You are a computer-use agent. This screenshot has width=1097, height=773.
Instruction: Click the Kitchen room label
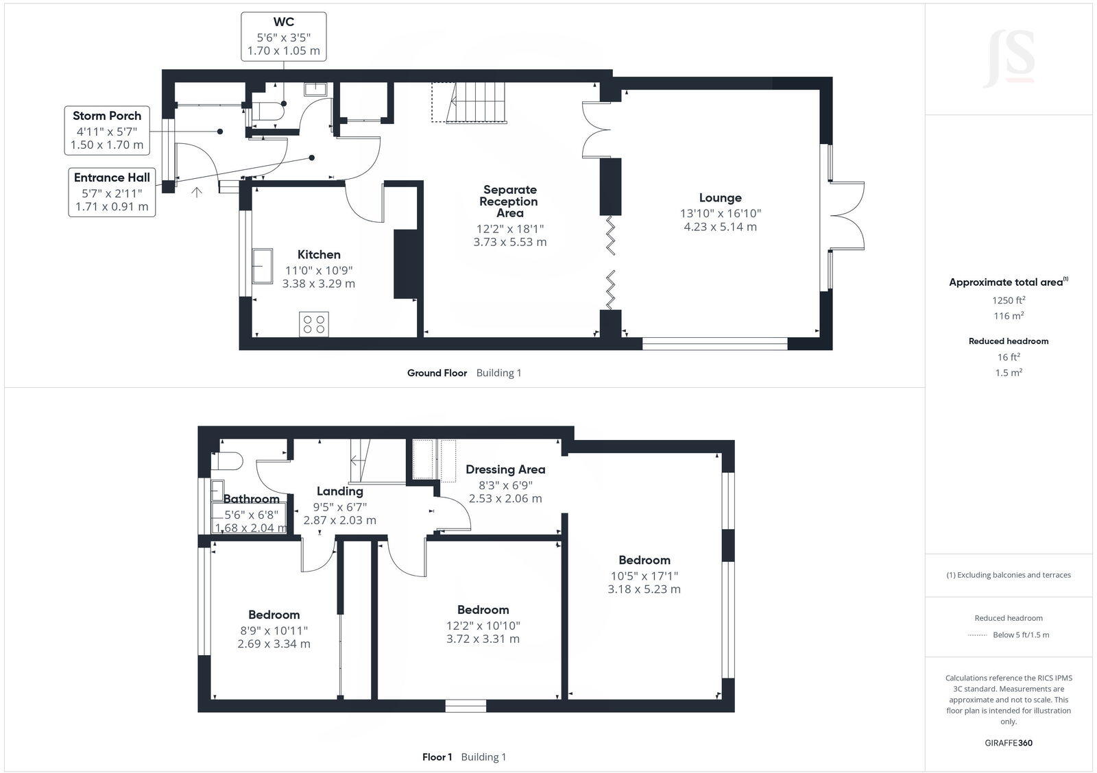click(x=319, y=254)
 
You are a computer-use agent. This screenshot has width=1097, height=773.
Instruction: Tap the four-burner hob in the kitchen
click(x=314, y=324)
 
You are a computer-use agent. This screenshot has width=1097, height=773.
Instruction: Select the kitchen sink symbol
click(x=263, y=266)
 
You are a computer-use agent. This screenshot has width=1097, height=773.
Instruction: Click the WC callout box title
click(x=284, y=22)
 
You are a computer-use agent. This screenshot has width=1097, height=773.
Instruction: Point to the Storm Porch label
click(x=107, y=116)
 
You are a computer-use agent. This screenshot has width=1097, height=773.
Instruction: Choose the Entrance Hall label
click(x=112, y=177)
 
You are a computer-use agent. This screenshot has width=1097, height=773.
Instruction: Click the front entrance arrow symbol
click(x=196, y=193)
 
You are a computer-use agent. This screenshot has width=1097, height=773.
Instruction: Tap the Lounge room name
click(x=720, y=198)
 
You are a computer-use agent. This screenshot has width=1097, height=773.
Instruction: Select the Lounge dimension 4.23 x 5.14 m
click(x=720, y=227)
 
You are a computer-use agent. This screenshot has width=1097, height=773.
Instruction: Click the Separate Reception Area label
click(x=510, y=201)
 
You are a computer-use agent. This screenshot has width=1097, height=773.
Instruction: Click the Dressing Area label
click(x=505, y=469)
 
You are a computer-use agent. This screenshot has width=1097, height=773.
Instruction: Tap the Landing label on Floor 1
click(x=340, y=491)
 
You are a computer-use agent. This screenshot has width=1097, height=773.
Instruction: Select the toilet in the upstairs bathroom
click(x=227, y=461)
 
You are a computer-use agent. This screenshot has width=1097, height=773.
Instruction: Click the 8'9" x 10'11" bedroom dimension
click(x=274, y=630)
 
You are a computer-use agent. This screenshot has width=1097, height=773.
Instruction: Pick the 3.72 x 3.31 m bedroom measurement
click(x=483, y=639)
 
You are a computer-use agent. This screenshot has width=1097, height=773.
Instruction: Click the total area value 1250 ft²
click(x=1009, y=300)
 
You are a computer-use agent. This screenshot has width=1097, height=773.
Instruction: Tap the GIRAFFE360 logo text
click(x=1009, y=743)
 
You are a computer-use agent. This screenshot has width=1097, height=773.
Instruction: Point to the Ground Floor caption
click(x=437, y=373)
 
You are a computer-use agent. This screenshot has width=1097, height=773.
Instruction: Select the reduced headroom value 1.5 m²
click(x=1009, y=373)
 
